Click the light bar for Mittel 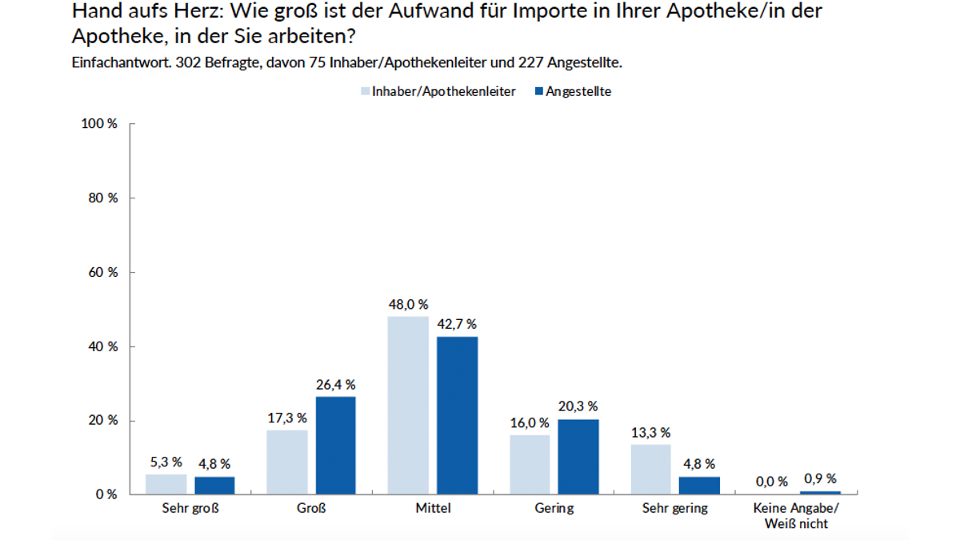click(408, 405)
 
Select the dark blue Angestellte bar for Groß click(336, 445)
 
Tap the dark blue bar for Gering click(578, 456)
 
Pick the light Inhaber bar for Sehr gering click(650, 469)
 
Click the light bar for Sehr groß click(166, 484)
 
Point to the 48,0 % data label click(408, 305)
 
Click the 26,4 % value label click(336, 385)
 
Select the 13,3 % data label click(650, 433)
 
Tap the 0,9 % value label click(819, 479)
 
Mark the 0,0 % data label click(771, 482)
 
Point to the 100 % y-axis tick click(102, 124)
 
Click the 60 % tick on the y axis click(105, 273)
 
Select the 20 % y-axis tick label click(105, 421)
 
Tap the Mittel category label click(433, 509)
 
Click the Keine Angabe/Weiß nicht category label click(795, 516)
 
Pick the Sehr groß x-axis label click(190, 509)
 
